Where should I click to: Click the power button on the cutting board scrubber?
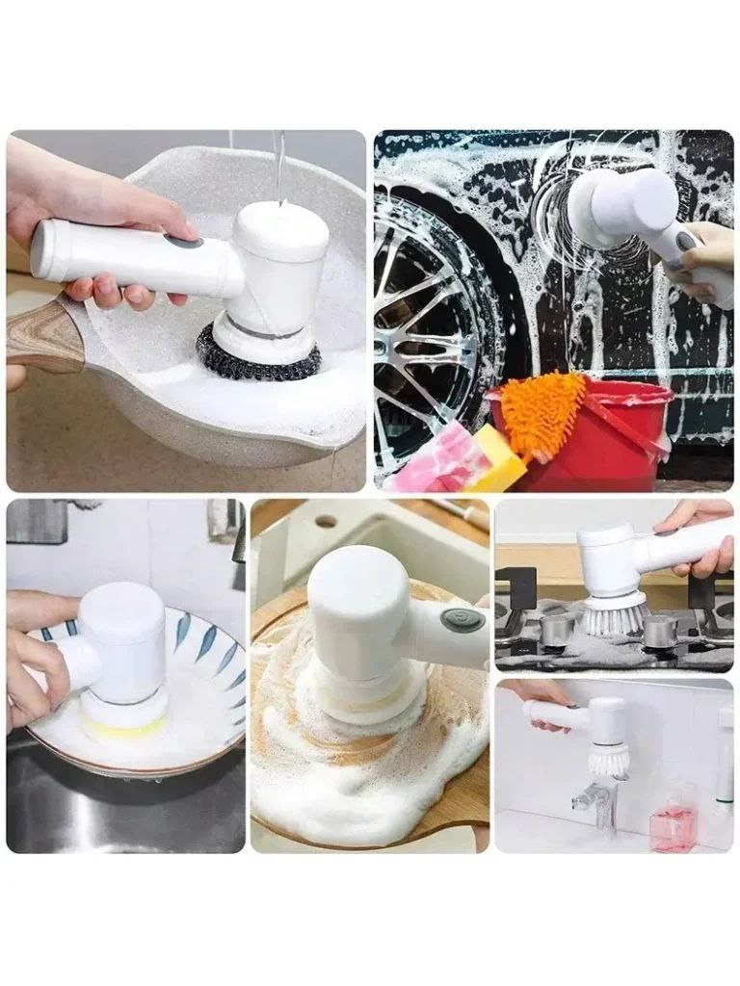pyautogui.click(x=462, y=618)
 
